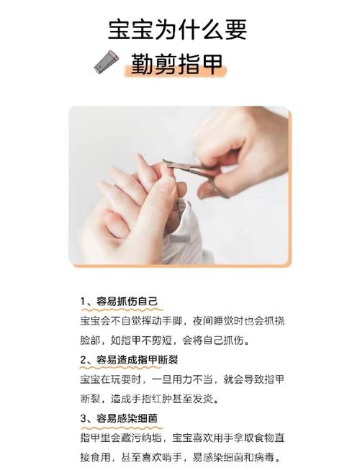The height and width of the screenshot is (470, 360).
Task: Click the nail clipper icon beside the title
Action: pyautogui.click(x=107, y=63)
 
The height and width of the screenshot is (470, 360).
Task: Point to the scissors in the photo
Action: pyautogui.click(x=189, y=168)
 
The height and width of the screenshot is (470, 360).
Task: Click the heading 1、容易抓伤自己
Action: pyautogui.click(x=118, y=301)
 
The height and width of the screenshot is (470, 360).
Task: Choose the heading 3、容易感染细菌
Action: pyautogui.click(x=118, y=417)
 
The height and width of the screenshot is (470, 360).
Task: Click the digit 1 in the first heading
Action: pyautogui.click(x=84, y=301)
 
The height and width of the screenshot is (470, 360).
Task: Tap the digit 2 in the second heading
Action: pyautogui.click(x=84, y=359)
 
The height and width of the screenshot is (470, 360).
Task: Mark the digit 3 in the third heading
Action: pyautogui.click(x=84, y=417)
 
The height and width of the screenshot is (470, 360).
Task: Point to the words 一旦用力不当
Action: pyautogui.click(x=186, y=379)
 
